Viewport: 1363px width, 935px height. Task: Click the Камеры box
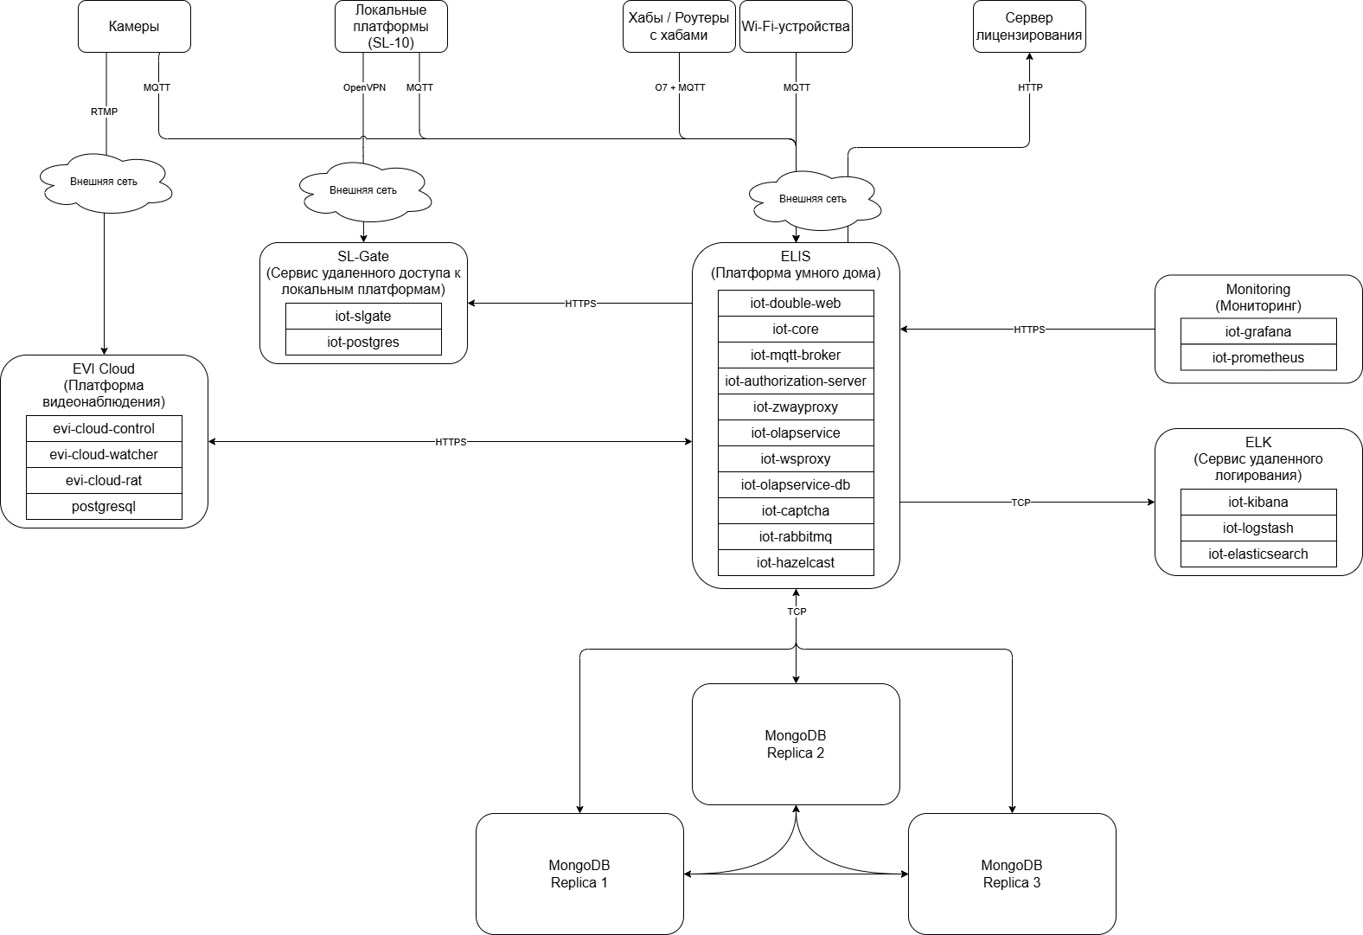pyautogui.click(x=134, y=26)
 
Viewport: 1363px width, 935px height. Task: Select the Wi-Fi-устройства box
pyautogui.click(x=796, y=26)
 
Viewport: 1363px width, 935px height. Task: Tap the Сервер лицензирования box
pyautogui.click(x=1029, y=26)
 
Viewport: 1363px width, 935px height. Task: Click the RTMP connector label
pyautogui.click(x=105, y=112)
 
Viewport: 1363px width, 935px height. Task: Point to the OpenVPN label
pyautogui.click(x=364, y=87)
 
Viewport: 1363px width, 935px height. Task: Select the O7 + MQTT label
pyautogui.click(x=680, y=87)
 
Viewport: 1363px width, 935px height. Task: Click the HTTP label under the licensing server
pyautogui.click(x=1030, y=87)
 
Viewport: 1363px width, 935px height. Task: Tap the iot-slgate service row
pyautogui.click(x=363, y=317)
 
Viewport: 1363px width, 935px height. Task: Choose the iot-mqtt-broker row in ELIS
pyautogui.click(x=796, y=355)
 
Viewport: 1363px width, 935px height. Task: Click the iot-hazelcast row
pyautogui.click(x=796, y=563)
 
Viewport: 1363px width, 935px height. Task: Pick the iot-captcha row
pyautogui.click(x=796, y=511)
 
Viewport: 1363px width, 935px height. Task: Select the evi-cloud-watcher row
pyautogui.click(x=104, y=455)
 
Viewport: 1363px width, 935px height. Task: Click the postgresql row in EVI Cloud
pyautogui.click(x=104, y=507)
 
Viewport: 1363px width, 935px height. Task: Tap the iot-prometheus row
pyautogui.click(x=1258, y=358)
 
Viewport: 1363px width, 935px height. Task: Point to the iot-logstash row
pyautogui.click(x=1258, y=528)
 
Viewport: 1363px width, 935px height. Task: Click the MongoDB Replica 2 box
pyautogui.click(x=796, y=744)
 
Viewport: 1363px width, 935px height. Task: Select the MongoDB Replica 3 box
pyautogui.click(x=1012, y=874)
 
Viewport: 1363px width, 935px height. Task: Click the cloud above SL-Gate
pyautogui.click(x=363, y=189)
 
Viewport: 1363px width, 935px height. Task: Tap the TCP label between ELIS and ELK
pyautogui.click(x=1021, y=503)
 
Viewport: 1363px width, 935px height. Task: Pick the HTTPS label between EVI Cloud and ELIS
pyautogui.click(x=451, y=442)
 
